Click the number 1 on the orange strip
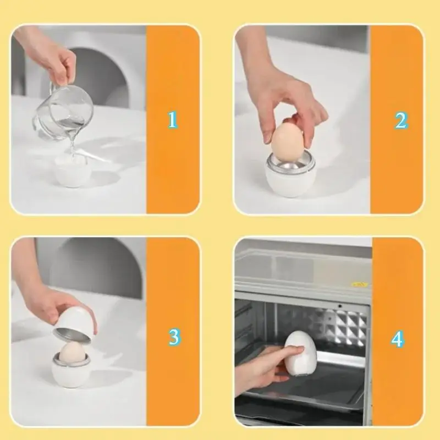tap(173, 119)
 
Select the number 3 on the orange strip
tap(174, 337)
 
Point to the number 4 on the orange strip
tap(397, 339)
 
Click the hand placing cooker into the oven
tap(263, 369)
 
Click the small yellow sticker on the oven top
tap(359, 284)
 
